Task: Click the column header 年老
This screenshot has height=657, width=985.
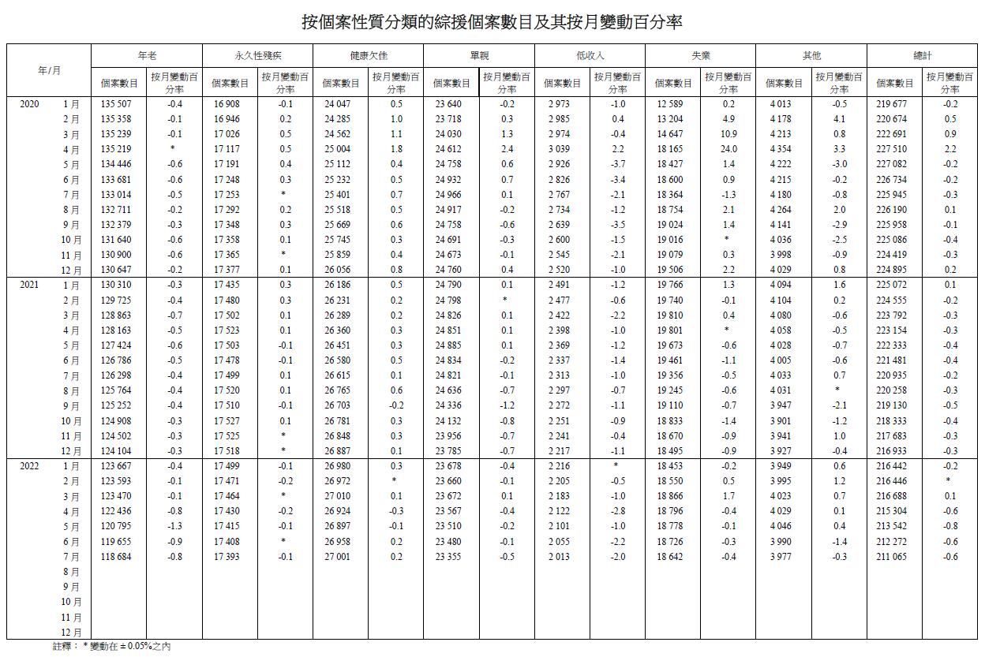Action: click(x=147, y=55)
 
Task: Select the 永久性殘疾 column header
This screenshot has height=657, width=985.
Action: click(x=257, y=55)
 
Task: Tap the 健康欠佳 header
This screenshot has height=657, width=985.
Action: click(x=369, y=55)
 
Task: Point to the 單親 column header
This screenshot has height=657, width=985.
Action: click(x=479, y=55)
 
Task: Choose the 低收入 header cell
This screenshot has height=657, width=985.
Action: click(x=590, y=55)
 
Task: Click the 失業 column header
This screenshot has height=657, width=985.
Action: click(x=700, y=55)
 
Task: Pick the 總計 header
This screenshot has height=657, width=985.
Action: click(x=922, y=55)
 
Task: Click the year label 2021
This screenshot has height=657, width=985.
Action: click(x=29, y=285)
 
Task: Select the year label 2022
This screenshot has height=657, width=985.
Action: click(x=29, y=466)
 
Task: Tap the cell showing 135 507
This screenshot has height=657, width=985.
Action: click(x=117, y=104)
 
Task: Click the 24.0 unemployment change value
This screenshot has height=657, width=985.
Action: click(x=728, y=149)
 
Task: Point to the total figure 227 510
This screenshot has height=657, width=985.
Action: click(x=893, y=149)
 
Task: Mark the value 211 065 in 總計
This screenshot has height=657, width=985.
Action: click(x=893, y=557)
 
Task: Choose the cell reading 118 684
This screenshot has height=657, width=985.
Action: click(x=117, y=557)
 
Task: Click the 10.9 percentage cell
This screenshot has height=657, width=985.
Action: click(x=728, y=134)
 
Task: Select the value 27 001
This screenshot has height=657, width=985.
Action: click(x=339, y=557)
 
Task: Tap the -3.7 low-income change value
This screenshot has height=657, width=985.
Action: click(x=617, y=164)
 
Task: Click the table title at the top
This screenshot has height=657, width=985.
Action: click(x=492, y=22)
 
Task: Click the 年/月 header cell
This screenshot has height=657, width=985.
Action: click(x=49, y=70)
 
